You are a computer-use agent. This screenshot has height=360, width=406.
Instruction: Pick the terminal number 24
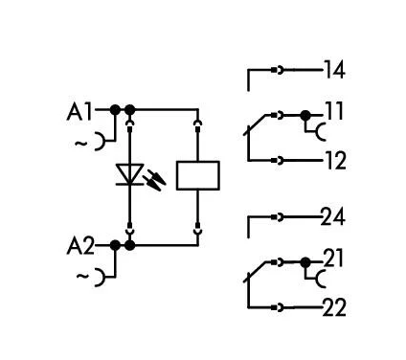tap(332, 217)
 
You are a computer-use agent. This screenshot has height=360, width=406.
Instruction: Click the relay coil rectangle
tap(199, 176)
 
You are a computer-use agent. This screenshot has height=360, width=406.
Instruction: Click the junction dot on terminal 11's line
tap(305, 116)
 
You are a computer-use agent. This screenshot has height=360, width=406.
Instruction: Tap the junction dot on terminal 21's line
tap(305, 261)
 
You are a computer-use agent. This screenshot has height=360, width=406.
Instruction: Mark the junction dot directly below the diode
tap(129, 245)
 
